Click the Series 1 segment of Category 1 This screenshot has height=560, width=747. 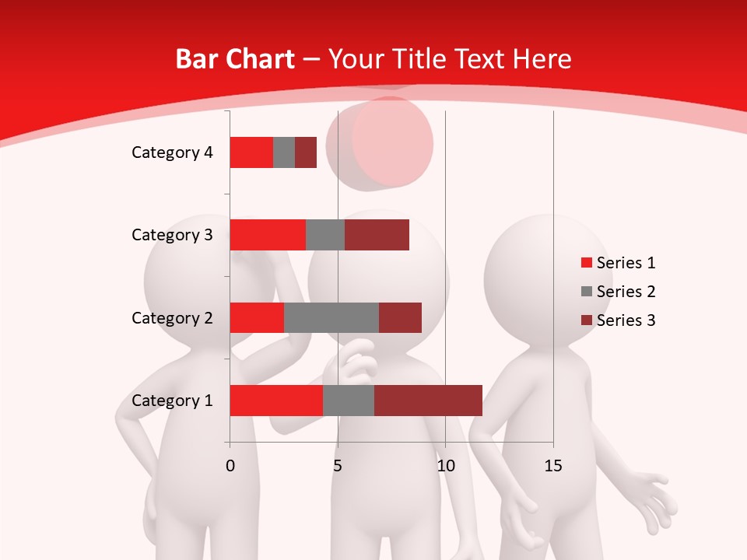point(276,401)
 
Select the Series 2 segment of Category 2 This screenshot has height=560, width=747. point(331,317)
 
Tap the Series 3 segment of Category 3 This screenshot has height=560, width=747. point(377,235)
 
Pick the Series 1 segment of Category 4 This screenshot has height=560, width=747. point(251,152)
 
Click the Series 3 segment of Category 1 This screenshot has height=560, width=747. point(428,401)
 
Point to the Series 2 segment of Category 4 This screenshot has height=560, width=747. point(284,152)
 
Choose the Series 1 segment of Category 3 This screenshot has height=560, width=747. point(268,235)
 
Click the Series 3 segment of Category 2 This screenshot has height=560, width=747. point(400,317)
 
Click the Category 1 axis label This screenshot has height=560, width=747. point(172,401)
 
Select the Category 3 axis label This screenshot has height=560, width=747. point(172,235)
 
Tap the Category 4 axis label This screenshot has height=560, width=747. point(172,152)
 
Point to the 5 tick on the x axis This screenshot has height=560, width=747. point(338,466)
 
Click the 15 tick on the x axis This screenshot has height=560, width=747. point(553,466)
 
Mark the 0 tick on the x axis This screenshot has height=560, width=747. point(230,466)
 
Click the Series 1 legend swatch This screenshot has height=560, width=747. point(586,263)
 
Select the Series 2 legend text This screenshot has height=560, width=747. point(626,292)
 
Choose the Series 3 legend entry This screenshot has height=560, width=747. point(618,320)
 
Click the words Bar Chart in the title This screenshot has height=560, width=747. point(235,59)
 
